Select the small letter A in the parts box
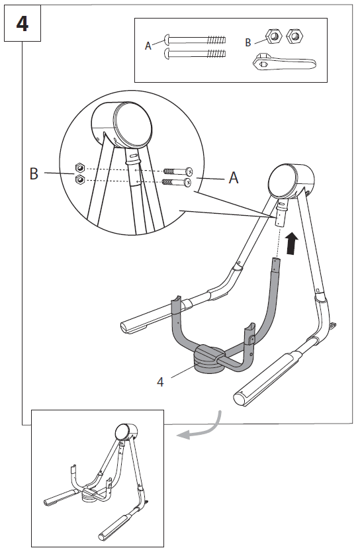148,46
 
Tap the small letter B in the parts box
248,42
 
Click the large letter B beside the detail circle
33,174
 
